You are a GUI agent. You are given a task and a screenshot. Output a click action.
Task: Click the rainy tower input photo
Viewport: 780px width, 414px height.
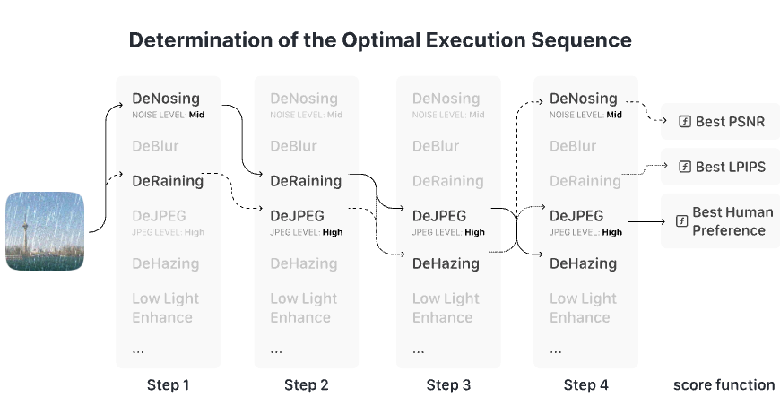pyautogui.click(x=45, y=231)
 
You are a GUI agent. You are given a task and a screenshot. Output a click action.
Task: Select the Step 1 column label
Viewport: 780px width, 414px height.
pyautogui.click(x=169, y=384)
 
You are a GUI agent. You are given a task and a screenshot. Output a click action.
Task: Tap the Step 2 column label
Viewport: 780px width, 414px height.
pyautogui.click(x=307, y=384)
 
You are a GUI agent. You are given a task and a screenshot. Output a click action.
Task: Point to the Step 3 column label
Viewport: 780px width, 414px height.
pyautogui.click(x=448, y=384)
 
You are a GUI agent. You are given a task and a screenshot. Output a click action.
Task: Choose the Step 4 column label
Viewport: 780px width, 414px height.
pyautogui.click(x=586, y=384)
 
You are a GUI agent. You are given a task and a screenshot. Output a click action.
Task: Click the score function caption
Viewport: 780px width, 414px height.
pyautogui.click(x=724, y=384)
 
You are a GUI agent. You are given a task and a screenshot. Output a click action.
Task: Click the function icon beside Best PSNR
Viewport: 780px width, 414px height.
pyautogui.click(x=685, y=121)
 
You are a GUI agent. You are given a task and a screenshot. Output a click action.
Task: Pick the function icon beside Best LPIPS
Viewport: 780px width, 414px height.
pyautogui.click(x=685, y=167)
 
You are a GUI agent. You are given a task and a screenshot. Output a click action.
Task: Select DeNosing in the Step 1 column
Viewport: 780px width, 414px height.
pyautogui.click(x=166, y=99)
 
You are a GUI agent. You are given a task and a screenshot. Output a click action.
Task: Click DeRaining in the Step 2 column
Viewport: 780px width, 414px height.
pyautogui.click(x=306, y=181)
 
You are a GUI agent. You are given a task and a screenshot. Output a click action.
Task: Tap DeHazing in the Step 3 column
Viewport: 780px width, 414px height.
pyautogui.click(x=446, y=263)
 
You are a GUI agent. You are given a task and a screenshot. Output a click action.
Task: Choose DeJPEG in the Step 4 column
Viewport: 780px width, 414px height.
pyautogui.click(x=576, y=216)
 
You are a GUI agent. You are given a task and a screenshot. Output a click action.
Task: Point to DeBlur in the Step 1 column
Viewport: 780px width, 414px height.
pyautogui.click(x=155, y=146)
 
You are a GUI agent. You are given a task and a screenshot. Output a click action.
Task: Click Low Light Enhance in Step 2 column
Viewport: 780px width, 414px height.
pyautogui.click(x=303, y=307)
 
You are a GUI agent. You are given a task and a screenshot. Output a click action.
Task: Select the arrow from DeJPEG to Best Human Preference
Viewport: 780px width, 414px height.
pyautogui.click(x=646, y=221)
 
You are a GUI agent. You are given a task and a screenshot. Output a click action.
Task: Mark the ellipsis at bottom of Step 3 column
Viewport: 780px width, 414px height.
pyautogui.click(x=419, y=351)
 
